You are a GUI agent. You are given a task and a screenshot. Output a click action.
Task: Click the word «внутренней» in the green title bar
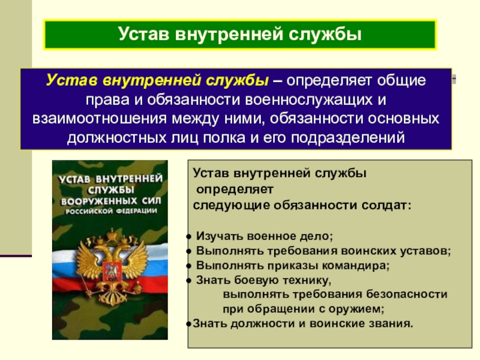point(229,34)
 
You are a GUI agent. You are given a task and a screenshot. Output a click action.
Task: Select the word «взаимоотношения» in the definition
point(100,118)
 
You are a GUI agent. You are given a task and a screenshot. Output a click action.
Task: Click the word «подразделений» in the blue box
point(347,138)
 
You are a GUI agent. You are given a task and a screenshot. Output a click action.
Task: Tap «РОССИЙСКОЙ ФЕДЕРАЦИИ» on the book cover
point(111,211)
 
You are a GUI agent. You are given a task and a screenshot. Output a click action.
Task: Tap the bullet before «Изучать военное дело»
point(189,236)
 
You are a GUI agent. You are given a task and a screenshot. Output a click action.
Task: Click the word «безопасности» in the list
point(407,294)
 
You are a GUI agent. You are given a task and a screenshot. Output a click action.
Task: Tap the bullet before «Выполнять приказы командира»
point(189,266)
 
